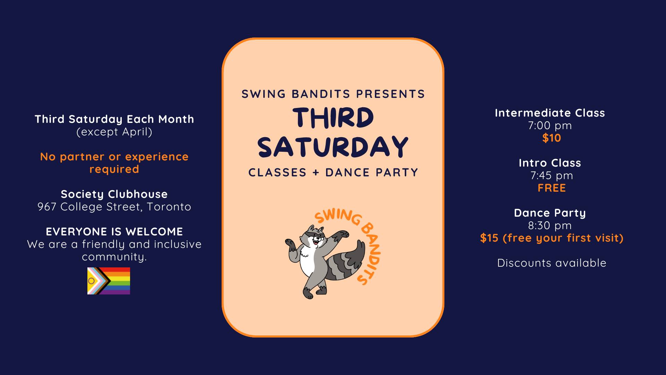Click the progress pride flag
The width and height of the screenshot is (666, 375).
[x=109, y=281]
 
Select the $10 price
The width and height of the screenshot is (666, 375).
[x=552, y=138]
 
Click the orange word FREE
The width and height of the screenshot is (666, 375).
[x=552, y=188]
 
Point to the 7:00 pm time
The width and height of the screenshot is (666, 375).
[x=550, y=125]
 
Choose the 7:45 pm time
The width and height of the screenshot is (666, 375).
[x=552, y=175]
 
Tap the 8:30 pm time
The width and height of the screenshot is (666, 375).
[x=550, y=225]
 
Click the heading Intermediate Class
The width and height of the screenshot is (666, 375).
[x=550, y=113]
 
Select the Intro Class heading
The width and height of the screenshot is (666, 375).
[x=550, y=163]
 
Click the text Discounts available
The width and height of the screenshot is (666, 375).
[x=552, y=263]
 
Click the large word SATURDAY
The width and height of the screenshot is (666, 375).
[x=333, y=147]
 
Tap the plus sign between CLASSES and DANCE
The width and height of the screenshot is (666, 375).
[x=316, y=173]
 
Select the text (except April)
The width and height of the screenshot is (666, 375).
[x=114, y=132]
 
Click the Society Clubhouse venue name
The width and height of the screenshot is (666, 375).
[x=114, y=194]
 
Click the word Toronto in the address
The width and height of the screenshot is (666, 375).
[x=169, y=207]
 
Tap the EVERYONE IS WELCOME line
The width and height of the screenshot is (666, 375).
[x=114, y=232]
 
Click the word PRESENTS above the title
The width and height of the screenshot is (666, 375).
[x=390, y=94]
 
